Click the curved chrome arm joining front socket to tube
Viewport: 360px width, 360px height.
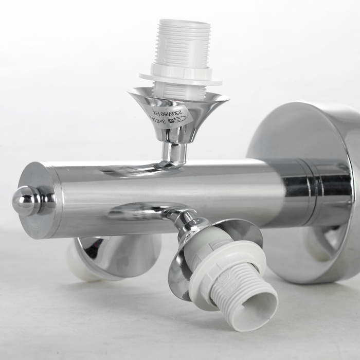[154, 211]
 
